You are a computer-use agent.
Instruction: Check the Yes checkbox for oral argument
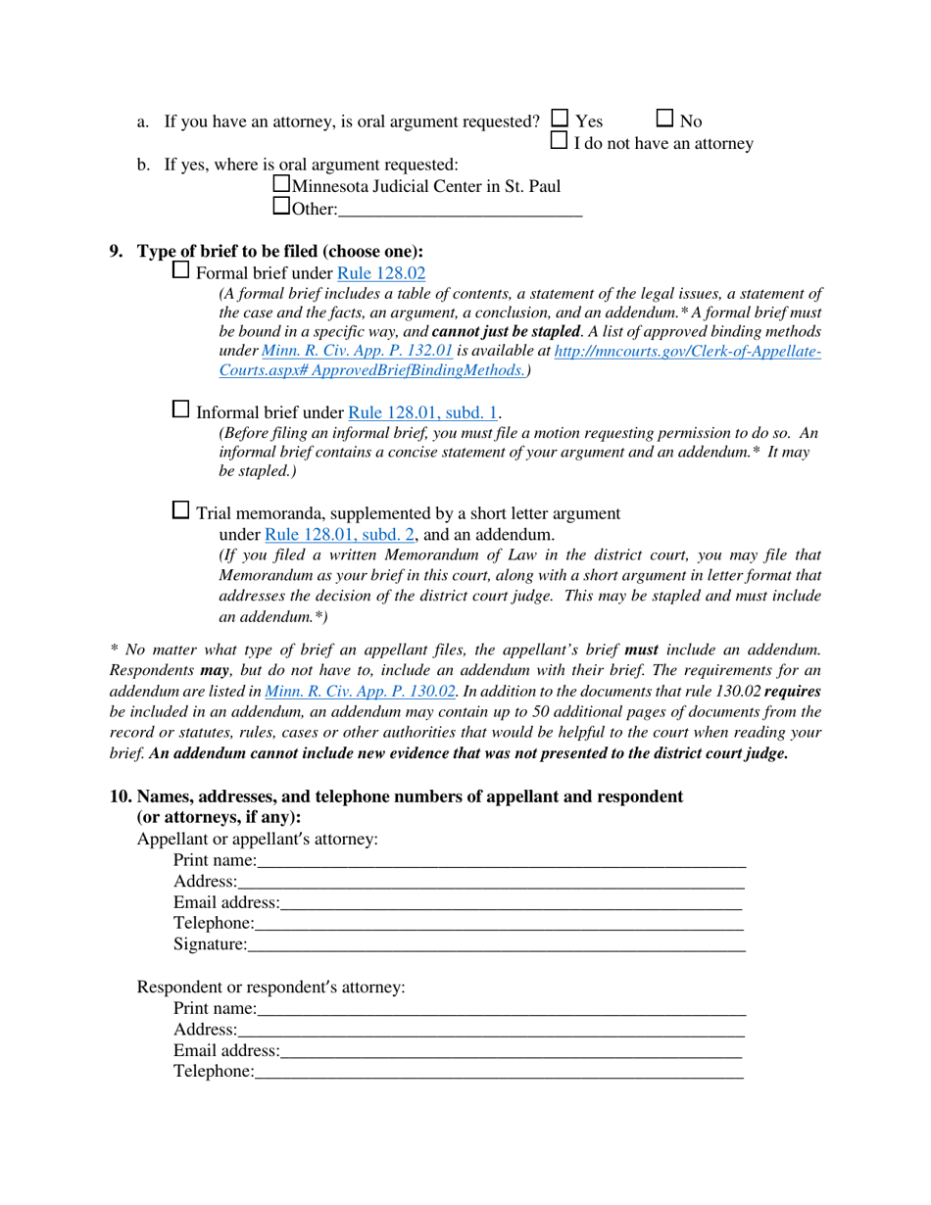pyautogui.click(x=560, y=119)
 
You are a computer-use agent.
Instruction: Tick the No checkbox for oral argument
pyautogui.click(x=664, y=119)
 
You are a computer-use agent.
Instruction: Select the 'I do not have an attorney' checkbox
pyautogui.click(x=560, y=141)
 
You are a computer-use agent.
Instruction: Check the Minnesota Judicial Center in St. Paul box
pyautogui.click(x=281, y=183)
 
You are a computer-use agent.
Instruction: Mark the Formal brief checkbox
pyautogui.click(x=181, y=270)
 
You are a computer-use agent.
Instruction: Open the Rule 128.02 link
pyautogui.click(x=381, y=274)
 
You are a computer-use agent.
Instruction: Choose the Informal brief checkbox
pyautogui.click(x=181, y=410)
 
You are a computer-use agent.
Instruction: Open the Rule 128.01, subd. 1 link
pyautogui.click(x=423, y=413)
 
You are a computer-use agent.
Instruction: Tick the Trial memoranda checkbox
pyautogui.click(x=181, y=509)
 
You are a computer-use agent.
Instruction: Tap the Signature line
pyautogui.click(x=496, y=944)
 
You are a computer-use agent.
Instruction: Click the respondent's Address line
pyautogui.click(x=490, y=1030)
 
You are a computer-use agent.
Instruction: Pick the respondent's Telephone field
pyautogui.click(x=498, y=1072)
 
